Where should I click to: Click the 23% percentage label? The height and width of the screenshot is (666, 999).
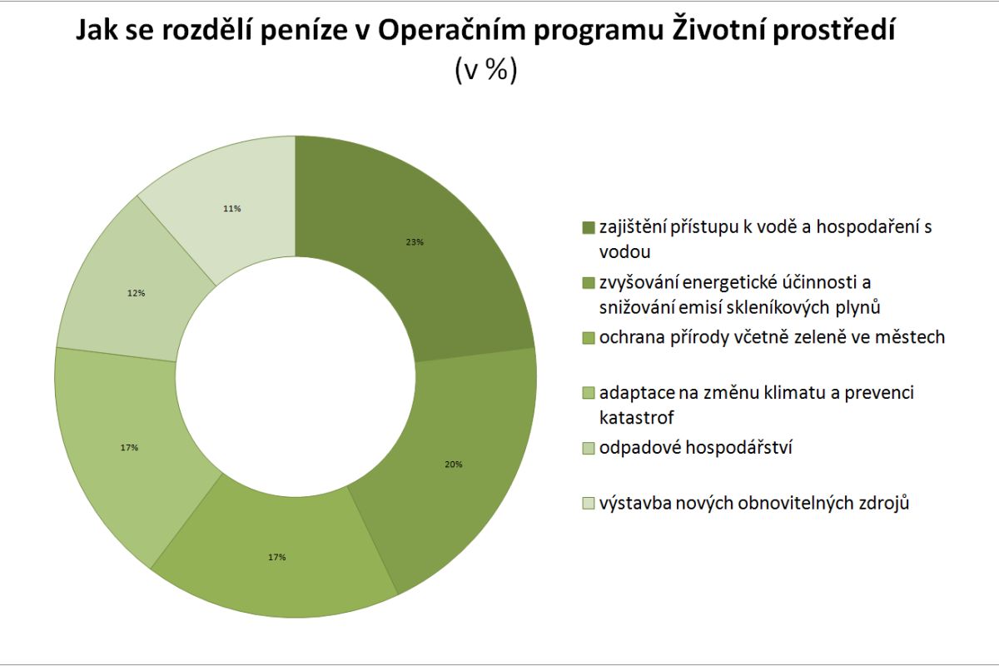click(415, 242)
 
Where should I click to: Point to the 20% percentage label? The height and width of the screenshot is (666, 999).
click(454, 464)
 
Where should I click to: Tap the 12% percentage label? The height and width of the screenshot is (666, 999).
click(137, 293)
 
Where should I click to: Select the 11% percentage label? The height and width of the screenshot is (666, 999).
click(231, 209)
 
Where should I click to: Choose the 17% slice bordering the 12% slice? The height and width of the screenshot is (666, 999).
click(125, 450)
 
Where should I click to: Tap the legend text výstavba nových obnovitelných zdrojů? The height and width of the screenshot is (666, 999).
click(754, 503)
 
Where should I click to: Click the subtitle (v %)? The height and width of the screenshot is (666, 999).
click(486, 70)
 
